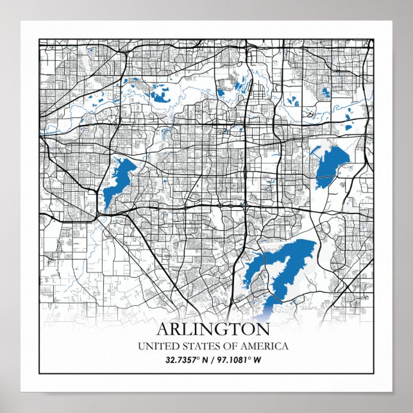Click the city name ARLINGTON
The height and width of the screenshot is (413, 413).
coord(213,330)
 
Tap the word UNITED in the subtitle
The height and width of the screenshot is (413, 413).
coord(156,346)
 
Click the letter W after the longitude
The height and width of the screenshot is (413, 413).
coord(260,360)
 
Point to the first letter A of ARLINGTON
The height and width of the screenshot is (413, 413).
coord(164,330)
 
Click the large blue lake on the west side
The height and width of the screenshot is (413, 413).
coord(119,180)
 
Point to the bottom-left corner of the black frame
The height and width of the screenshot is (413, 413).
coord(40,373)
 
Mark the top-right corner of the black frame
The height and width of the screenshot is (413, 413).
coord(374,39)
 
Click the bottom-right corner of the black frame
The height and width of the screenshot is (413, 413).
coord(374,373)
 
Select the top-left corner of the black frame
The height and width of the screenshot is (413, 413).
coord(40,39)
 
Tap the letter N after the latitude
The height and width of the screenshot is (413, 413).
coord(205,360)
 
